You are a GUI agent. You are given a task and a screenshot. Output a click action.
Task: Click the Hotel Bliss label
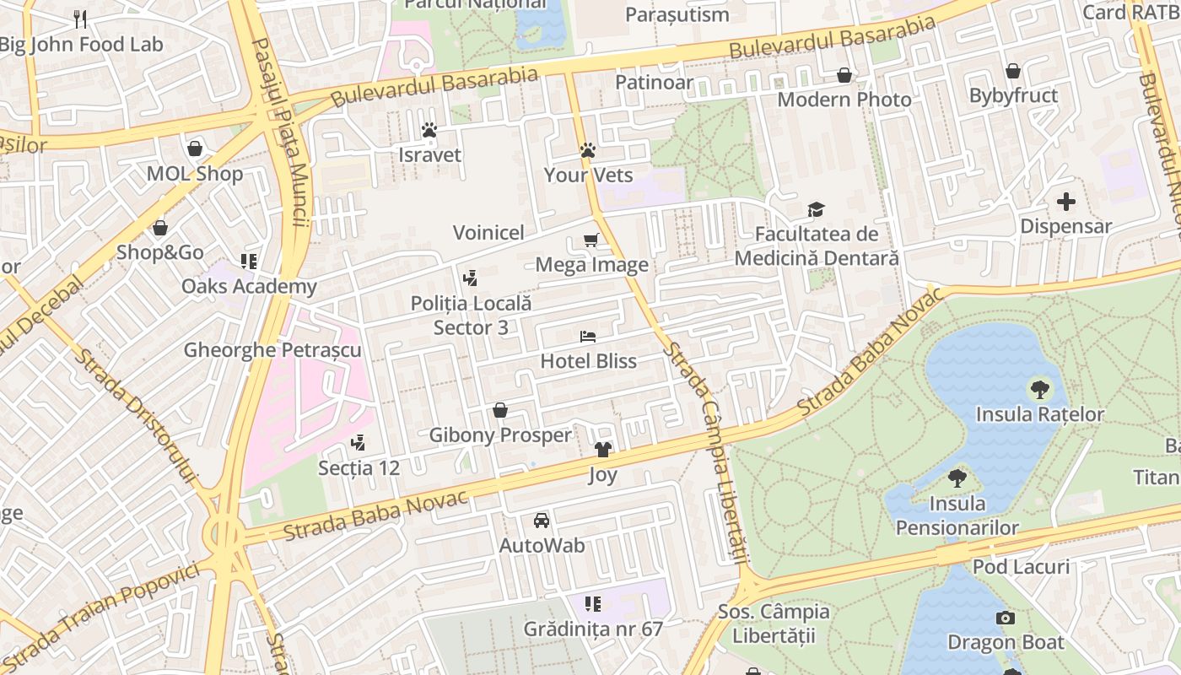click(588, 361)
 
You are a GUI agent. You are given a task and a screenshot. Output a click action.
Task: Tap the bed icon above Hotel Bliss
click(588, 337)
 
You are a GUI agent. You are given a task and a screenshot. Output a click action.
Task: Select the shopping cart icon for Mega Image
click(591, 240)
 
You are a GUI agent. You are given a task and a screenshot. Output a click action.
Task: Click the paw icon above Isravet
click(429, 130)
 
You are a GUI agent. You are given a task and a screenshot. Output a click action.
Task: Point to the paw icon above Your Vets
click(588, 150)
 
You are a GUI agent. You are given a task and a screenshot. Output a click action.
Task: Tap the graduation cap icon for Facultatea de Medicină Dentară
click(816, 209)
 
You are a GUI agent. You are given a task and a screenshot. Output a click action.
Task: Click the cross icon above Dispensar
click(1066, 202)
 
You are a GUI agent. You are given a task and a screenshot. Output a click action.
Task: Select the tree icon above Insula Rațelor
click(1040, 389)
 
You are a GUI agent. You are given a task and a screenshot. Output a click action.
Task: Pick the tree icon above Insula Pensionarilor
click(957, 478)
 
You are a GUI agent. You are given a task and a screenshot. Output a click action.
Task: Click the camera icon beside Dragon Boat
click(1005, 618)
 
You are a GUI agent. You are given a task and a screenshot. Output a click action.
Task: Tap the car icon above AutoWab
click(542, 521)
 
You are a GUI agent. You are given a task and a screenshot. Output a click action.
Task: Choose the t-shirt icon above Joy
click(602, 450)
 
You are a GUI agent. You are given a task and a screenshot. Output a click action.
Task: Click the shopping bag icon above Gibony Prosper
click(500, 410)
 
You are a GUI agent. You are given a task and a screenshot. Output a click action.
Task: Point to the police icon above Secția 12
click(359, 442)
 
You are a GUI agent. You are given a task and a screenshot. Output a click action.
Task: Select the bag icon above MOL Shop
click(195, 148)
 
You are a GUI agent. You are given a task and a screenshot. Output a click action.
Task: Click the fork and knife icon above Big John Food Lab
click(80, 19)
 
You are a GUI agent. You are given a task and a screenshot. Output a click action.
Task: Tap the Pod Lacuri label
click(1021, 566)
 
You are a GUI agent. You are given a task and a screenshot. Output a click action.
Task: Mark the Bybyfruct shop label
click(1013, 95)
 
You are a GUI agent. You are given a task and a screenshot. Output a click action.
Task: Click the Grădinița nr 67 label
click(593, 629)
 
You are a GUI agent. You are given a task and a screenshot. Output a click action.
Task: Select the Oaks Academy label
click(249, 286)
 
